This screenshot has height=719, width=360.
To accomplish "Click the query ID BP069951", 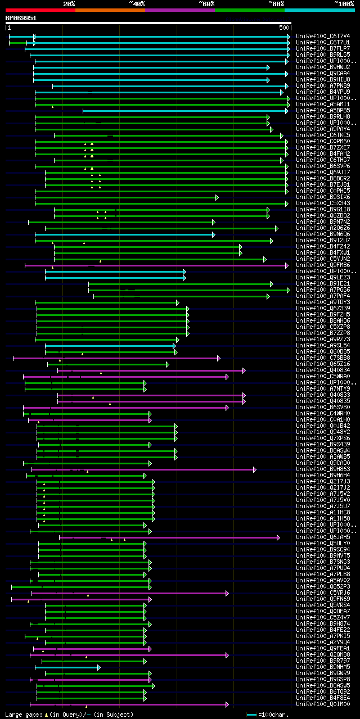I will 21,18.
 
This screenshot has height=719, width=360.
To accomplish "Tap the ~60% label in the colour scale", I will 206,3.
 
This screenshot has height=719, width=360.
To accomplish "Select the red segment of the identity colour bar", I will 40,10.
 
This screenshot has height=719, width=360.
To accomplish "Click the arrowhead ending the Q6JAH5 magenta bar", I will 278,537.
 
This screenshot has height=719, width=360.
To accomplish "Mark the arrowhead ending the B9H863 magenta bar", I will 254,469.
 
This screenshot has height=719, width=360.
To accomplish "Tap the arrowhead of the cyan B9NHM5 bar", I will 98,667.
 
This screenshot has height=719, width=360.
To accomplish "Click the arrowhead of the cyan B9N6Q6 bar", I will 213,234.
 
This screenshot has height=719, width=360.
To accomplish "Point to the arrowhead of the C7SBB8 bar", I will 218,358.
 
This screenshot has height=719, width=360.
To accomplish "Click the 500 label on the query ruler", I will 283,28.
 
